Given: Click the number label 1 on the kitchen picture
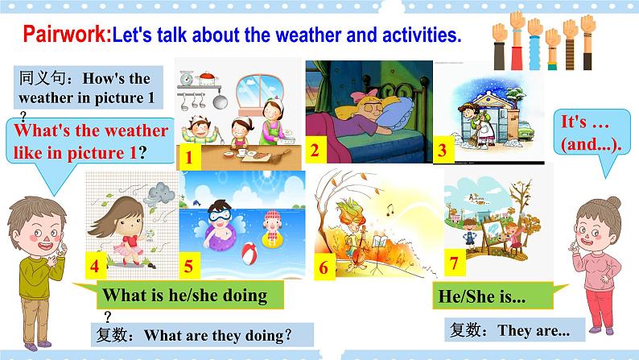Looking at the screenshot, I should (x=188, y=158).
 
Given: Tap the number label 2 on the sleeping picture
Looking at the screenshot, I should (x=315, y=149).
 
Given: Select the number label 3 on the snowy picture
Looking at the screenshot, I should (x=442, y=149).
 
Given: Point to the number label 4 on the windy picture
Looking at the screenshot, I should (x=94, y=265).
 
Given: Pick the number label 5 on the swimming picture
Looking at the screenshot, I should (x=188, y=265).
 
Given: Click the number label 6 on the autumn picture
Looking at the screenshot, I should (x=324, y=267).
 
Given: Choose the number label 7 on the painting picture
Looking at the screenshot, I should (x=454, y=261).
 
